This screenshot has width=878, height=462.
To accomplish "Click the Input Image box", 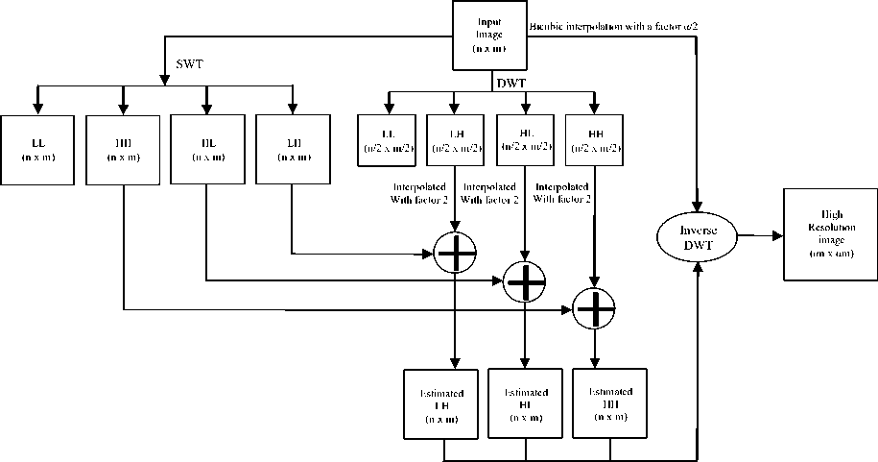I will [x=492, y=36].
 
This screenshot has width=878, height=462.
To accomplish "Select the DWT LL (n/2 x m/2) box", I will [x=388, y=140].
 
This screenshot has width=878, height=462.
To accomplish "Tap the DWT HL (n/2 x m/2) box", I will [x=526, y=140].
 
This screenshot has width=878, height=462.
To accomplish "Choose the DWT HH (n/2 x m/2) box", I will [x=594, y=140].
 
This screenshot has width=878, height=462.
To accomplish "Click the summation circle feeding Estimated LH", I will [x=455, y=253].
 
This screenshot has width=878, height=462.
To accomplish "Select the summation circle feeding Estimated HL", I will [x=525, y=280].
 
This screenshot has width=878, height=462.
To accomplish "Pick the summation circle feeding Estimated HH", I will [x=595, y=308].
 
